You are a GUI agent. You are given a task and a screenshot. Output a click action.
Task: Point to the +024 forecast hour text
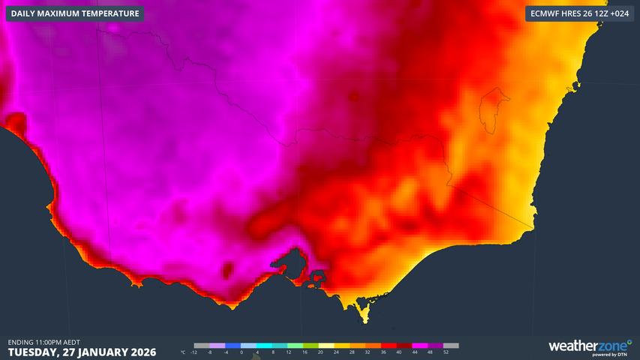(618, 13)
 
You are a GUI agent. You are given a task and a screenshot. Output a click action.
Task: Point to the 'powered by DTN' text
(608, 355)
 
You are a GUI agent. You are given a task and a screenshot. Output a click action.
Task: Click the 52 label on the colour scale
(446, 352)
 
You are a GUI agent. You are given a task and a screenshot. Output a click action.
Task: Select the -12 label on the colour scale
(194, 352)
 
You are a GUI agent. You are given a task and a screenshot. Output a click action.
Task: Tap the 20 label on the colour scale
(320, 352)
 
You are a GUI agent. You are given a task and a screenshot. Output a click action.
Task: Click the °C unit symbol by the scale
(183, 352)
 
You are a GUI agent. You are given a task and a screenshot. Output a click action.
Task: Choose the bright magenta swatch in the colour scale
(420, 346)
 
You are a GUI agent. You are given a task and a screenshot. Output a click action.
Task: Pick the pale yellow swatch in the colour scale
(326, 346)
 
